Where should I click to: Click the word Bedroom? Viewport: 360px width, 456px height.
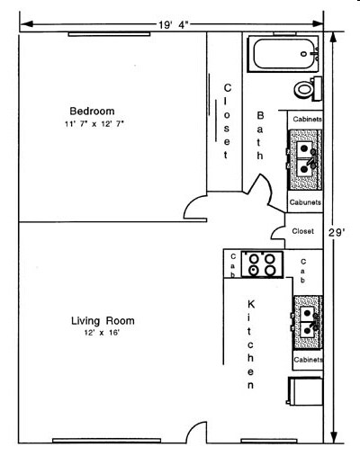click(x=92, y=112)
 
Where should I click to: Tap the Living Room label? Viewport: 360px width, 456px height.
click(x=103, y=321)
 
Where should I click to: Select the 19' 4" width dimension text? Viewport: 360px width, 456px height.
click(x=174, y=25)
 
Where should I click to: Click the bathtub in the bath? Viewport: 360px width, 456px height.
click(x=283, y=54)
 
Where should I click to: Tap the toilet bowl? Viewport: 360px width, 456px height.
click(x=304, y=89)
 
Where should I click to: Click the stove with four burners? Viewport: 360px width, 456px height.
click(x=262, y=264)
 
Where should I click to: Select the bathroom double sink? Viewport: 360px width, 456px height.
click(x=306, y=159)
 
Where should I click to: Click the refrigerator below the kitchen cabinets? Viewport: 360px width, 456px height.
click(x=304, y=391)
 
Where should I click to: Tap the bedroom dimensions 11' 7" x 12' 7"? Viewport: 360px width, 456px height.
click(x=94, y=124)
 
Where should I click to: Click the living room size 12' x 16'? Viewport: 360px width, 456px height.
click(x=103, y=333)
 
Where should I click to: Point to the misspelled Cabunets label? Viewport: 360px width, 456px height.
click(x=305, y=202)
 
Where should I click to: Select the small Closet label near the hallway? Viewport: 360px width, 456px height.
click(x=302, y=231)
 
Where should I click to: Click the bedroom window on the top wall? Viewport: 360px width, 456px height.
click(x=109, y=34)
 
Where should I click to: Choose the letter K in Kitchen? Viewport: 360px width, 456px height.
click(x=251, y=305)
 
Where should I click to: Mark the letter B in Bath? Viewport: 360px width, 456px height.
click(x=260, y=116)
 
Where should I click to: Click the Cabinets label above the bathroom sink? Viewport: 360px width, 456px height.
click(x=307, y=120)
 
